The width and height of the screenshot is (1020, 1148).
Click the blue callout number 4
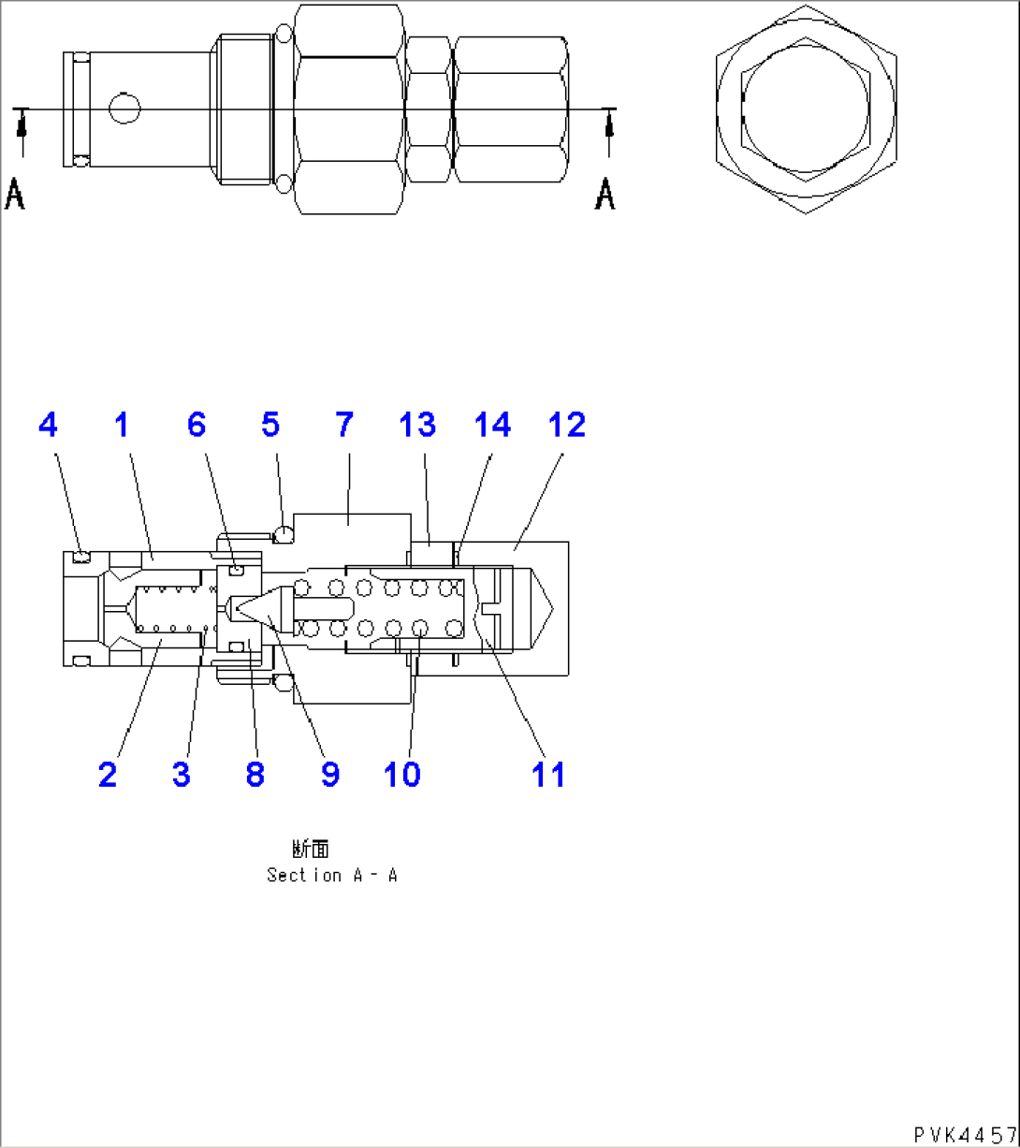pyautogui.click(x=48, y=426)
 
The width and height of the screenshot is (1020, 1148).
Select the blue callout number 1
pyautogui.click(x=122, y=426)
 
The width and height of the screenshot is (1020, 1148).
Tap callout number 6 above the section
pyautogui.click(x=196, y=426)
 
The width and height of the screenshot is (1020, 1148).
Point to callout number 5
pyautogui.click(x=270, y=426)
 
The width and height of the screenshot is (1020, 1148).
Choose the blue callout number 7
pyautogui.click(x=344, y=426)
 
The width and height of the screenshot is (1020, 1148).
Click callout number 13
pyautogui.click(x=417, y=426)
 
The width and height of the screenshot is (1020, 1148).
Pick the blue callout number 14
pyautogui.click(x=492, y=426)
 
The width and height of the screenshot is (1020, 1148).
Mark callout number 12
pyautogui.click(x=567, y=426)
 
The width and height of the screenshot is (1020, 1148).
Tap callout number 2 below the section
pyautogui.click(x=108, y=775)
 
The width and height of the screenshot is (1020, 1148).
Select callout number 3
pyautogui.click(x=182, y=775)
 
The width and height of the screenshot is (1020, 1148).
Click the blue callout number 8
pyautogui.click(x=255, y=775)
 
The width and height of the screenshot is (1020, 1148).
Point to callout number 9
pyautogui.click(x=329, y=775)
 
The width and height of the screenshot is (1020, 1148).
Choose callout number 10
pyautogui.click(x=402, y=775)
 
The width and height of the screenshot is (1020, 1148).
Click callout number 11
pyautogui.click(x=548, y=775)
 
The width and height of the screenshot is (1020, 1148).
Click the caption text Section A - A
pyautogui.click(x=332, y=876)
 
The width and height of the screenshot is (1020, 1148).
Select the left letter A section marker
pyautogui.click(x=15, y=195)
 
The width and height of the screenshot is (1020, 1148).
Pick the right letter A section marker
pyautogui.click(x=605, y=195)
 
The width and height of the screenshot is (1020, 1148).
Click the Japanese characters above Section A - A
pyautogui.click(x=311, y=849)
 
